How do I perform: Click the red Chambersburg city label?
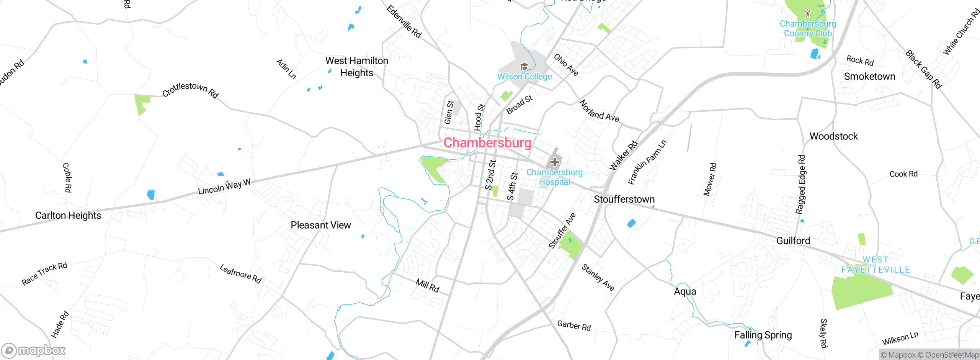point(487,143)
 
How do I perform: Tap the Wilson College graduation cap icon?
point(524,67)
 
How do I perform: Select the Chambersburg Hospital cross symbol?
point(554,162)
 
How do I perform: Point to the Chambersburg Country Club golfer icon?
point(808,14)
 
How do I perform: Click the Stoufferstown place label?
point(624,199)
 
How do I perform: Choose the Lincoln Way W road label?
point(224,187)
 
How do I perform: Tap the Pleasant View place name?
point(320,225)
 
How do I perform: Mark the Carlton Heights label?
point(68,216)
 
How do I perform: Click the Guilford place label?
point(793,241)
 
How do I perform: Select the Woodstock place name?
point(833,136)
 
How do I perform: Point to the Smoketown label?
point(869,77)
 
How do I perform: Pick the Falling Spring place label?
point(763,335)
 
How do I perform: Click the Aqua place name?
point(685,291)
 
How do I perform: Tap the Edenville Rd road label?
point(404,21)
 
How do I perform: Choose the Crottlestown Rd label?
point(190,90)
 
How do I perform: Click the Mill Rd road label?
point(428,286)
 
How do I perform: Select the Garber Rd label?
point(574,326)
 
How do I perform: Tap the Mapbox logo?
point(34,350)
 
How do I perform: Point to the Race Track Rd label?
point(44,273)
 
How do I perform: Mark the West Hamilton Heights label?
point(356,67)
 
